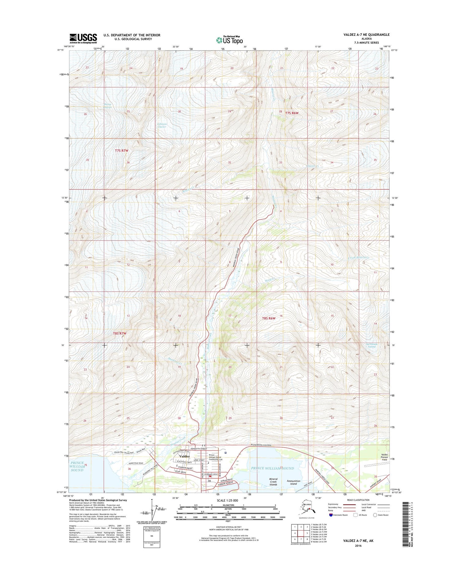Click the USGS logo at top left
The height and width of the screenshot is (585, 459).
[83, 38]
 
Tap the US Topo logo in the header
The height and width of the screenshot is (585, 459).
[229, 40]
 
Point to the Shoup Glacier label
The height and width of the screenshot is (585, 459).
[107, 106]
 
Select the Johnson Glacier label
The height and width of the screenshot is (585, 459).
[162, 125]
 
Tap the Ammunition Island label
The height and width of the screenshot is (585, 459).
[293, 482]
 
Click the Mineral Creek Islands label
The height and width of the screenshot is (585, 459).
[273, 482]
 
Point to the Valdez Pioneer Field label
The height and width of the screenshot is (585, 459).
[384, 457]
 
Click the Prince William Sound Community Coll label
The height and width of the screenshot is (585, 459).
[216, 457]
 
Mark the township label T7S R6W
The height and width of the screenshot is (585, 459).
[292, 113]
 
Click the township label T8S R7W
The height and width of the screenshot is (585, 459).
[120, 333]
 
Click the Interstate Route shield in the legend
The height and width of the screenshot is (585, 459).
[331, 515]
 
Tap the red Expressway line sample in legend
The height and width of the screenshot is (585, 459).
[349, 504]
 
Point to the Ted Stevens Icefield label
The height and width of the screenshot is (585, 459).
[372, 345]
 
